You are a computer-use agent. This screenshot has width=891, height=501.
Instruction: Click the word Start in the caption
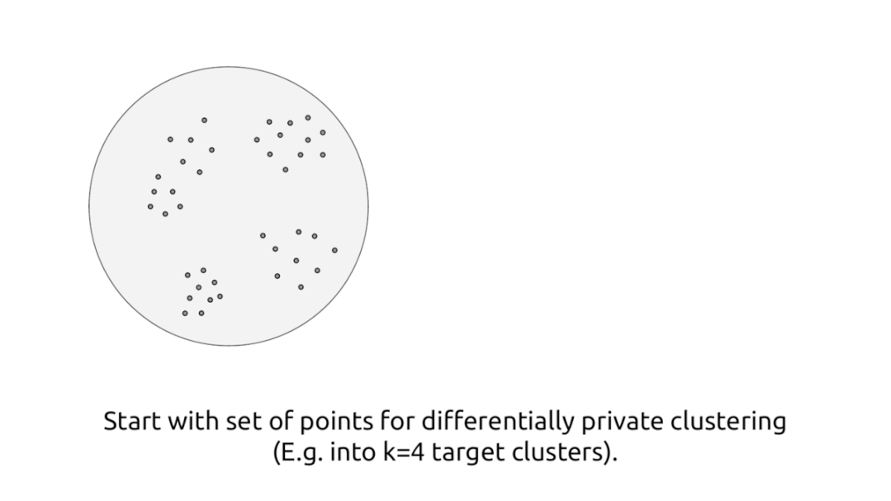point(133,422)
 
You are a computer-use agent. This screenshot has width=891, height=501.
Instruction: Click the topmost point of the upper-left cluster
point(204,121)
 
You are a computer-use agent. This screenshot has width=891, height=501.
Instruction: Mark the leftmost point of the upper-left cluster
point(150,206)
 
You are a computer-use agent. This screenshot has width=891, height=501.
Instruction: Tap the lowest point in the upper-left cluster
point(165,214)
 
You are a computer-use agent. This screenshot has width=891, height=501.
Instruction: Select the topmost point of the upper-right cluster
point(308,118)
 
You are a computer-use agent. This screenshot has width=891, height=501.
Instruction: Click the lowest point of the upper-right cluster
point(286,170)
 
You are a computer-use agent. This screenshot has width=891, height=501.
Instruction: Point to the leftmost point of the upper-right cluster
point(257,139)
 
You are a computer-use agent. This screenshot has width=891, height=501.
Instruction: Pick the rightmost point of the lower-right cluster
point(334,250)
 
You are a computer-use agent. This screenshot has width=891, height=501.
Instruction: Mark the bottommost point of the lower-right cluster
point(301,287)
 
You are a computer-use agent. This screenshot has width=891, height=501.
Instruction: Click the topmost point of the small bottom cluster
point(203,271)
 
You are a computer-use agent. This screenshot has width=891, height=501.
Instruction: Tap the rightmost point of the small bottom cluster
point(220,296)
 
